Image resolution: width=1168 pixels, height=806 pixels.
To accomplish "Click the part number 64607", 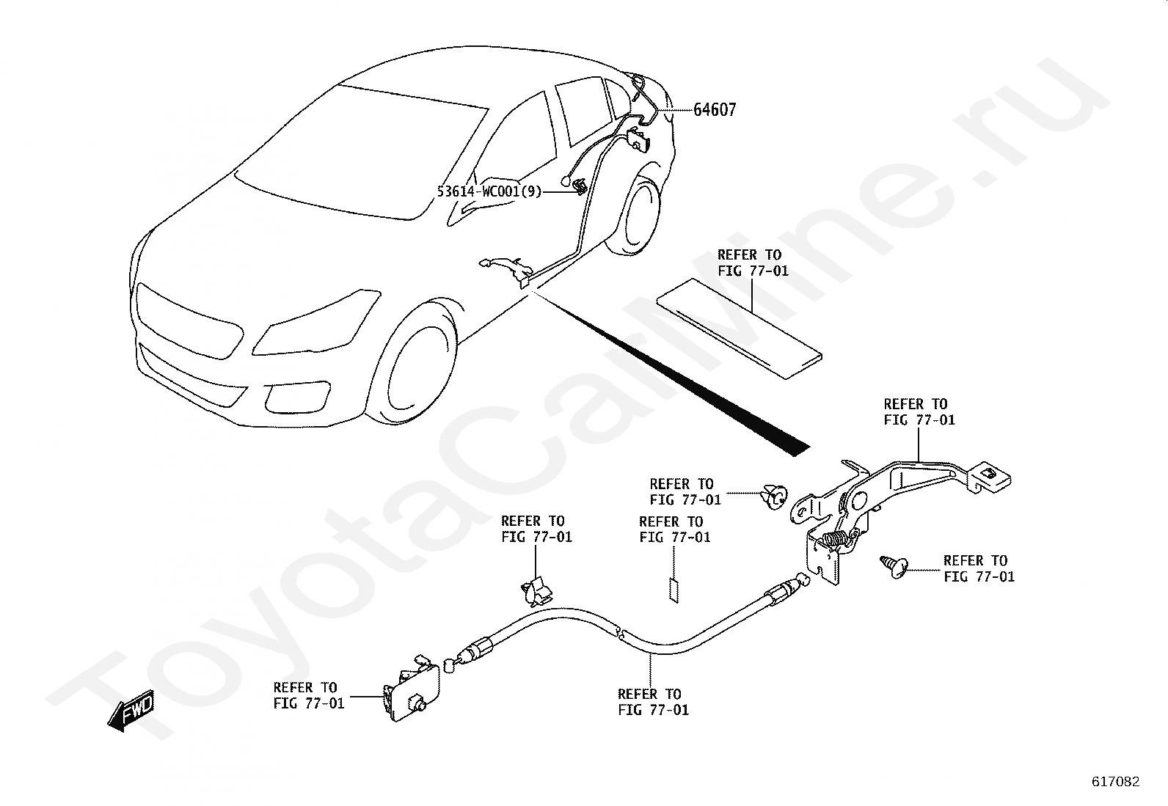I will click(715, 110).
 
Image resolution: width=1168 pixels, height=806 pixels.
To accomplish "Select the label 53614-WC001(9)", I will click(489, 191).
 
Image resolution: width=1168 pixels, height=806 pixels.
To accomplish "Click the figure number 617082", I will click(1115, 782).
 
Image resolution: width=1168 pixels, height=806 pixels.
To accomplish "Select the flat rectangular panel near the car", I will click(739, 328).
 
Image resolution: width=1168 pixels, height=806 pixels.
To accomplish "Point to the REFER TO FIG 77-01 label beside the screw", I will click(979, 568).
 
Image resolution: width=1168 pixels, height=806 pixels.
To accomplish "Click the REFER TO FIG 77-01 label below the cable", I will click(653, 702).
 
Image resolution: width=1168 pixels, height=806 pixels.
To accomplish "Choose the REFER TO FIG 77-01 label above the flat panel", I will click(753, 263).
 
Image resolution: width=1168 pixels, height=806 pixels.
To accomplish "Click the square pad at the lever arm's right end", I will click(992, 475).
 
